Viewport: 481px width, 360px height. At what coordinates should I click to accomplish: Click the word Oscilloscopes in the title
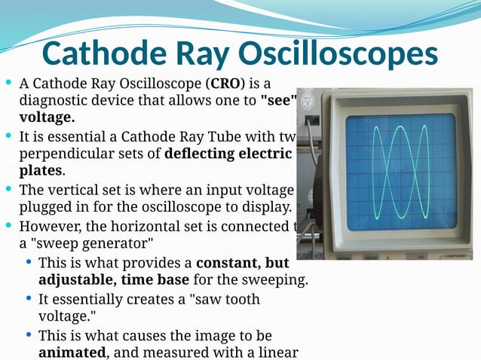338,53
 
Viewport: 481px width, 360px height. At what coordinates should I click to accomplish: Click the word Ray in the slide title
193,53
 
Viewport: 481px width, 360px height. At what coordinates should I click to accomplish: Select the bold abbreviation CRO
227,83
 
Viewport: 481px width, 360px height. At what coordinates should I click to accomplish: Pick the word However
47,226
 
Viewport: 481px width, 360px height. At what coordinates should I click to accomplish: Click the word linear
279,352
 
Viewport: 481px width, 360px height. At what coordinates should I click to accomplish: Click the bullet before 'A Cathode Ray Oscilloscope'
8,82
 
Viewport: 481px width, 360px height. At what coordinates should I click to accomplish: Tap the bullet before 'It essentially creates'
28,298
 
